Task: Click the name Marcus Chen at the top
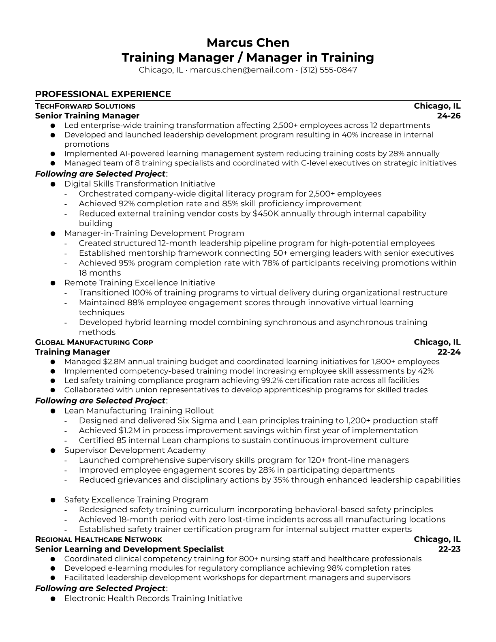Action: click(x=248, y=43)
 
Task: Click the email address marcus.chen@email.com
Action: click(x=242, y=70)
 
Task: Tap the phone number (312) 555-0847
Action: click(x=329, y=70)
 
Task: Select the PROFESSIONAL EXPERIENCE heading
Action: click(x=103, y=94)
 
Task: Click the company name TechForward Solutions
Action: click(x=85, y=106)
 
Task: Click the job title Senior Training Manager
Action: click(x=87, y=116)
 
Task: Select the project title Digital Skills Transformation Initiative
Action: click(x=140, y=184)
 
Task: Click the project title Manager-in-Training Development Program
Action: click(x=154, y=233)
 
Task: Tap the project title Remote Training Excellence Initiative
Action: click(x=139, y=283)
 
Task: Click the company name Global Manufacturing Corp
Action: click(x=94, y=342)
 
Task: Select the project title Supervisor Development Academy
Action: click(x=135, y=450)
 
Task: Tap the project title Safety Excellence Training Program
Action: click(x=136, y=500)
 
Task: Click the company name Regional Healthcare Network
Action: click(x=98, y=539)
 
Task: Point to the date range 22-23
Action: click(x=449, y=549)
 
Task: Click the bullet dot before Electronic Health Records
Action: click(x=53, y=599)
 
